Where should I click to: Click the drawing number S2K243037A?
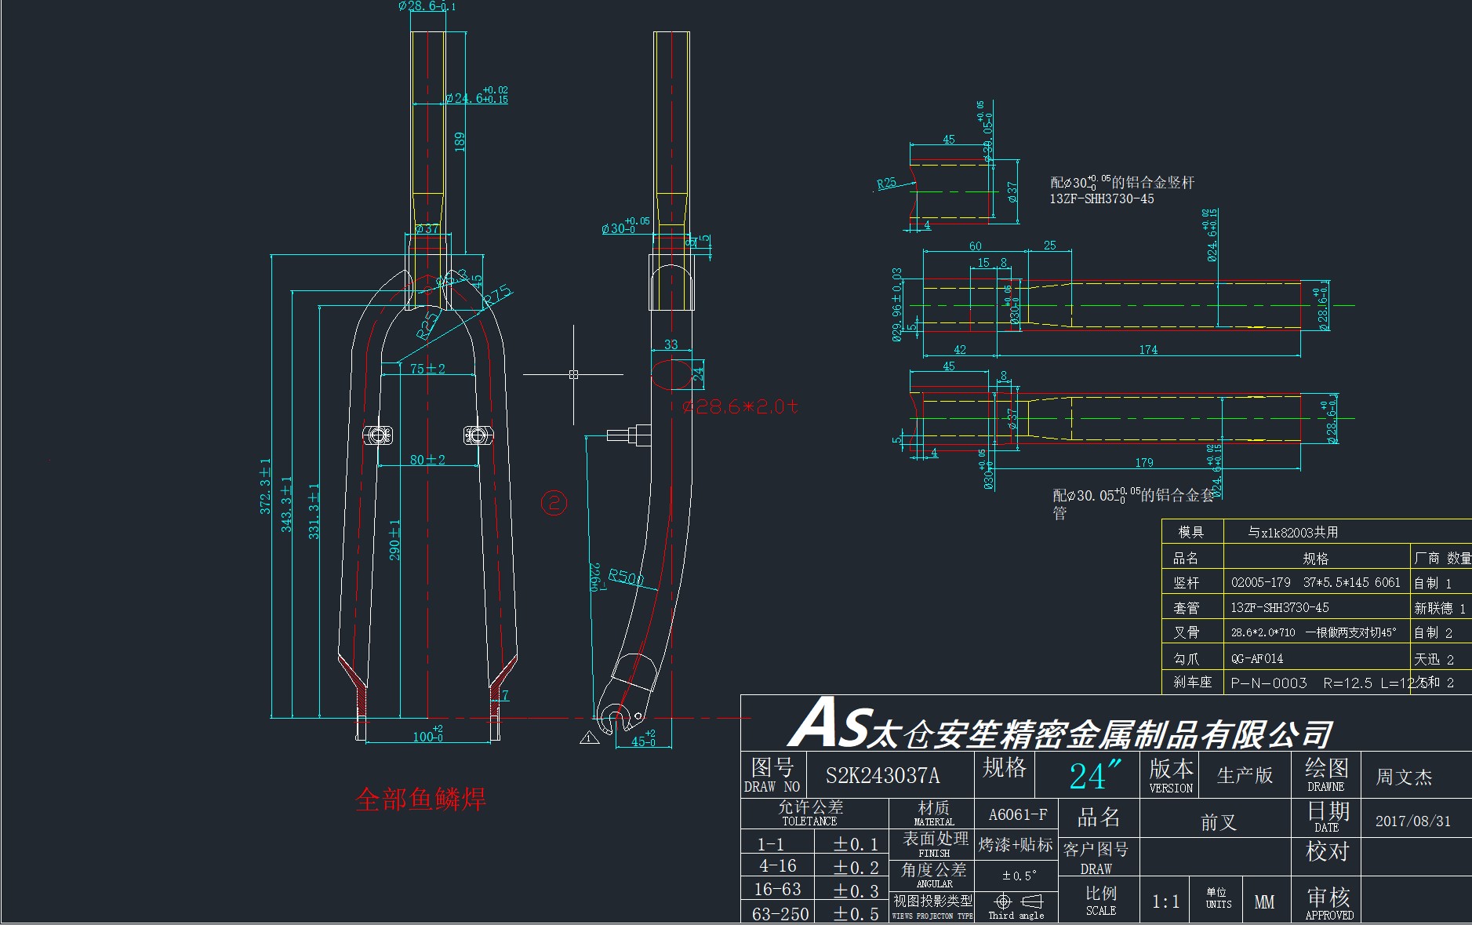882,776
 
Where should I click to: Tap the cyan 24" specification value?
1089,776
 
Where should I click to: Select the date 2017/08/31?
1412,821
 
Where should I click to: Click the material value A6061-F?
1017,814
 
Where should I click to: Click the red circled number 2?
554,502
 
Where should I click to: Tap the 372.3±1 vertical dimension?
266,486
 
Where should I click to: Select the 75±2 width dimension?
427,369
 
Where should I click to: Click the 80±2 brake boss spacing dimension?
427,460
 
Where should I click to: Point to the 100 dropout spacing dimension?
427,736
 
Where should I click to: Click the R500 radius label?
625,578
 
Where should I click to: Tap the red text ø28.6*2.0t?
740,406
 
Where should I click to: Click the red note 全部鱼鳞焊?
420,799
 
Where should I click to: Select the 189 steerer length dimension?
460,141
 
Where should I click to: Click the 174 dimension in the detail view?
1148,350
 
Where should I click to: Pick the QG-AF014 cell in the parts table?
1256,659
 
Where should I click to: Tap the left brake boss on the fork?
377,435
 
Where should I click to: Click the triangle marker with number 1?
588,738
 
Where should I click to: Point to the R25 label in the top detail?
886,183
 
